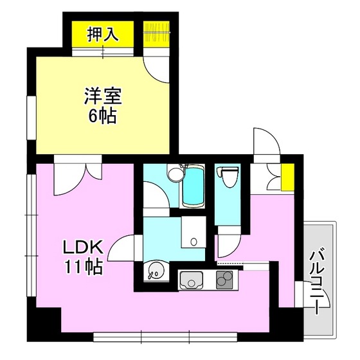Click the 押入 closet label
[103, 34]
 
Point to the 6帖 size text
[102, 118]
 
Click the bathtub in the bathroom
[193, 186]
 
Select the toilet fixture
[227, 179]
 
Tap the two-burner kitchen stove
[226, 280]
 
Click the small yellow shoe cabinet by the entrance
[287, 173]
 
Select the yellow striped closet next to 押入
[156, 35]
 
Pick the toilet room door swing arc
[226, 242]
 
